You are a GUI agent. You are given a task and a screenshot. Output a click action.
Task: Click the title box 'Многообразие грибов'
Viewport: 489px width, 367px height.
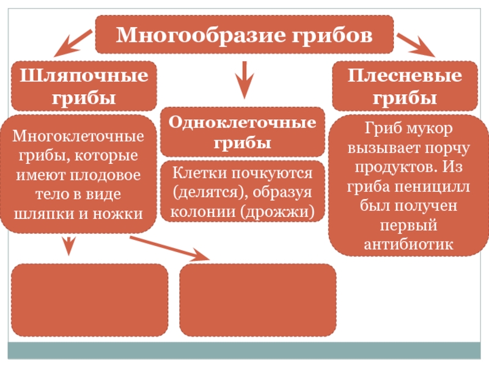click(244, 34)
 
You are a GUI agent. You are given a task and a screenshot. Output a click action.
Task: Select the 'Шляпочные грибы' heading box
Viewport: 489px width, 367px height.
click(84, 86)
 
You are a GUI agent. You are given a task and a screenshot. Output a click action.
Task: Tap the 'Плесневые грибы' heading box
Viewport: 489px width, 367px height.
click(405, 86)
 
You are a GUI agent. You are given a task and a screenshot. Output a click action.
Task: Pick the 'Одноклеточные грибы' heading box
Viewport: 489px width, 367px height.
click(243, 132)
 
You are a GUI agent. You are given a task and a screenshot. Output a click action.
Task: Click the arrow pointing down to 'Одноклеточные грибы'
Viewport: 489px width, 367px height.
click(244, 80)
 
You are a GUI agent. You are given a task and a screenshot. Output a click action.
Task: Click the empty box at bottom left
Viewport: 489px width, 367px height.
click(89, 300)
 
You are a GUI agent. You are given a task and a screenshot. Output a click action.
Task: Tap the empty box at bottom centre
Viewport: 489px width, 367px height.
click(258, 300)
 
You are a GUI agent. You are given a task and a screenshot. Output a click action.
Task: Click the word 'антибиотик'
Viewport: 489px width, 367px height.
click(408, 243)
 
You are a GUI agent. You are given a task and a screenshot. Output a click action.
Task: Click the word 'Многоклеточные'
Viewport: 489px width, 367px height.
click(79, 135)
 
